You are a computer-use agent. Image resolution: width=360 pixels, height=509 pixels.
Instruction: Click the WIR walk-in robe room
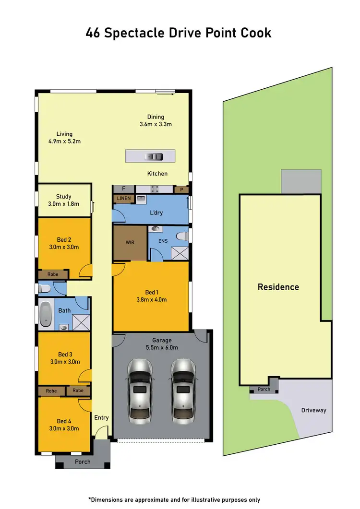tap(130, 243)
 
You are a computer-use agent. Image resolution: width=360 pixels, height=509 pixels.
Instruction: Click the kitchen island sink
tap(155, 156)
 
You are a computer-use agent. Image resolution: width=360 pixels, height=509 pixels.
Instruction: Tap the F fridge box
tap(123, 189)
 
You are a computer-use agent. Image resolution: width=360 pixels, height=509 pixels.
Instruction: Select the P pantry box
tap(181, 189)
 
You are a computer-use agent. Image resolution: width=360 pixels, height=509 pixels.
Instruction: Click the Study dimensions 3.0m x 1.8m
tap(64, 203)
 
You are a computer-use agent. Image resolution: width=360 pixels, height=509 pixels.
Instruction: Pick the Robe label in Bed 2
tap(53, 274)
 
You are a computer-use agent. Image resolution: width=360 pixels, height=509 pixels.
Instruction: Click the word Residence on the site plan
tap(278, 287)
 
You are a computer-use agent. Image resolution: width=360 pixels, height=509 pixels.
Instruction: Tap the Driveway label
tap(313, 410)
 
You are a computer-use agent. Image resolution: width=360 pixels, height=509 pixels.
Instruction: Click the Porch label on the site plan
tap(264, 389)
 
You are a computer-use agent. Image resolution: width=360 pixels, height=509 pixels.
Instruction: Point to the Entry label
tap(101, 417)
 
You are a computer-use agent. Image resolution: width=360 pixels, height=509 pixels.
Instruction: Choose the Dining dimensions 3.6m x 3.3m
tap(156, 124)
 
